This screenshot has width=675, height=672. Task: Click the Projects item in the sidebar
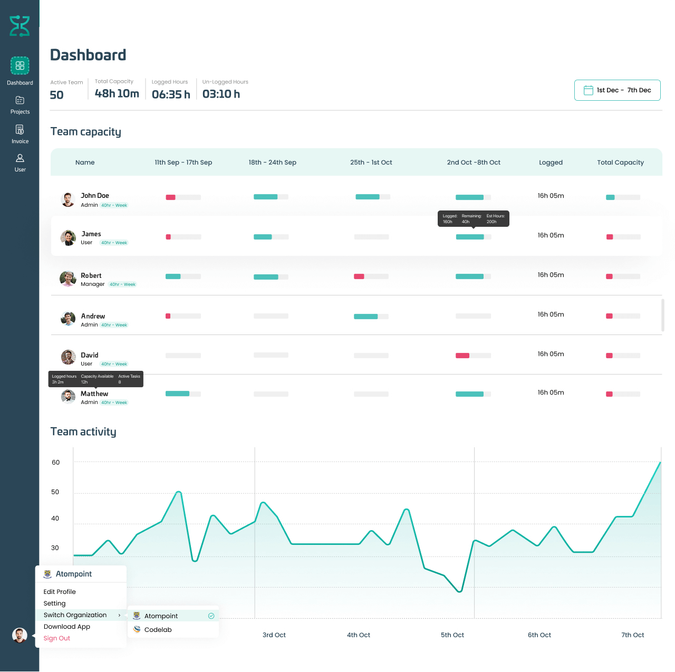tap(20, 104)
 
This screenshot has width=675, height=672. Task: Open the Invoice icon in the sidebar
tap(20, 130)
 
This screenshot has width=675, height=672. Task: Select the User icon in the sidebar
tap(20, 158)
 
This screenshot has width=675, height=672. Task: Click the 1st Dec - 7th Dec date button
tap(617, 90)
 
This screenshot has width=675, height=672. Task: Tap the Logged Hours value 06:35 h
tap(171, 94)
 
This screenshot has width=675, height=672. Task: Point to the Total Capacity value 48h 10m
tap(117, 93)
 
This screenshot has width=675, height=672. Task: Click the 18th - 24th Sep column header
tap(272, 162)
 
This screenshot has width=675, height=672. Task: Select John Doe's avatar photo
tap(68, 200)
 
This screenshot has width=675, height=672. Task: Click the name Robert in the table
tap(91, 275)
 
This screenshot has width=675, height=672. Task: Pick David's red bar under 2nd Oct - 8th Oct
tap(462, 356)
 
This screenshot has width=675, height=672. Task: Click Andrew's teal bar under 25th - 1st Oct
tap(365, 316)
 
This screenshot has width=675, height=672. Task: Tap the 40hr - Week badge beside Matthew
tap(114, 402)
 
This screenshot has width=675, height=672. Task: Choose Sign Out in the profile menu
tap(57, 638)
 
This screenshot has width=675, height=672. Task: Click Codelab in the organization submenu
tap(158, 630)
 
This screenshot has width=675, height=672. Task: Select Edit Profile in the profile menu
tap(60, 592)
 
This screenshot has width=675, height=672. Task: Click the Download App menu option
tap(67, 627)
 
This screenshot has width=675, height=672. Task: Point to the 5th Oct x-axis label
tap(452, 635)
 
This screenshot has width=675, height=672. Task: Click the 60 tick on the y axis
tap(55, 463)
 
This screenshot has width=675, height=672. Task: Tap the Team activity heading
tap(83, 431)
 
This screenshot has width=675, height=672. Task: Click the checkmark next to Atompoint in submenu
tap(211, 616)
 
